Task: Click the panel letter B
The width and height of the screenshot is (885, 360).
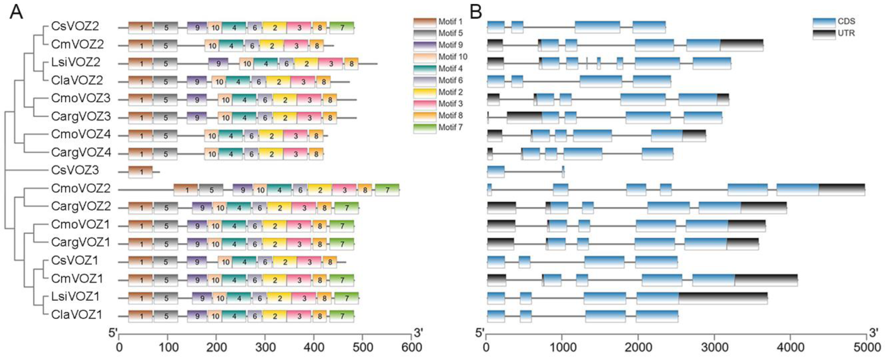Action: (x=476, y=13)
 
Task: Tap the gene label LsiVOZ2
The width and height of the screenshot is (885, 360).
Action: (x=75, y=62)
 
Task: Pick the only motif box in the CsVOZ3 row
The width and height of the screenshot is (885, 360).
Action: (x=140, y=172)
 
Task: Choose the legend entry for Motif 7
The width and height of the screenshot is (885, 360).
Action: (x=440, y=128)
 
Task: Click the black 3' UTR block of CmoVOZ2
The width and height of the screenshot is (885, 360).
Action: (x=841, y=190)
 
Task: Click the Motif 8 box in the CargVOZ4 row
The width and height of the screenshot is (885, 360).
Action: (x=316, y=154)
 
